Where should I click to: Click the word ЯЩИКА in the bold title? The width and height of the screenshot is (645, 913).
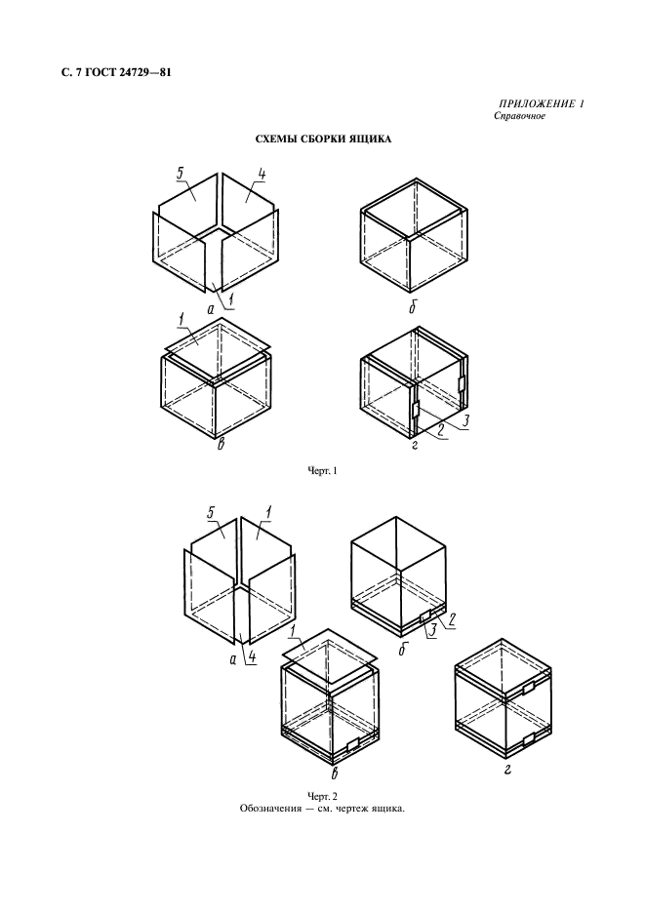point(371,139)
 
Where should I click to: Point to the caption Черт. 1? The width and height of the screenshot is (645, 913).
point(322,471)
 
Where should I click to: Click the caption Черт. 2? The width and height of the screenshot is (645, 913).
point(322,796)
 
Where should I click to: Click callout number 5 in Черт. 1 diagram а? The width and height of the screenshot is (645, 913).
point(181,173)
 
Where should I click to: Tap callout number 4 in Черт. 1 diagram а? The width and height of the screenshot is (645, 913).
point(262,174)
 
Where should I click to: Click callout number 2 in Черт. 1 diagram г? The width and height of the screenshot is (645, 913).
point(441,431)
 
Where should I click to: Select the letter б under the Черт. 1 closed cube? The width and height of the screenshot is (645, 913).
point(412,307)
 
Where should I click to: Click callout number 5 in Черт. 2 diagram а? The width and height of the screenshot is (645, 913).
point(212,512)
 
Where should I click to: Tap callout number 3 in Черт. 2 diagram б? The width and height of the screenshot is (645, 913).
point(432,630)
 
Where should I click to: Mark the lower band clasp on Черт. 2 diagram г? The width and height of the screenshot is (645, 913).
point(529,739)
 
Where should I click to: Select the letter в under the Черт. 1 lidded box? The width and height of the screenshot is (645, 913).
point(221,446)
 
